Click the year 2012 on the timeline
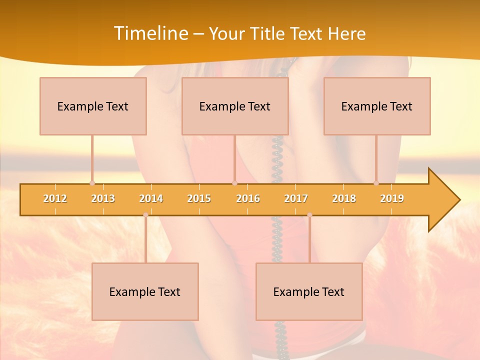[55, 198]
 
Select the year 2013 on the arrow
[103, 198]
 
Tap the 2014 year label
[151, 198]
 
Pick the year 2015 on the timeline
[199, 198]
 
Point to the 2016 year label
[248, 198]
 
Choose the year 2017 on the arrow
[296, 198]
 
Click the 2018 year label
[344, 198]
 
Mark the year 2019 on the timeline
[392, 198]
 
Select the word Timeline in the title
[150, 33]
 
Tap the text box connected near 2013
[93, 106]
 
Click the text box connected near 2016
[235, 106]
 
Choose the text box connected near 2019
[377, 106]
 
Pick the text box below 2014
[145, 291]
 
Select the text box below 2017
[309, 291]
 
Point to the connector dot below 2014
[145, 214]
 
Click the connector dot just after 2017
[309, 214]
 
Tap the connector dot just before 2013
[92, 183]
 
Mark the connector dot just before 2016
[234, 183]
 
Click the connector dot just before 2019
[376, 183]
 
